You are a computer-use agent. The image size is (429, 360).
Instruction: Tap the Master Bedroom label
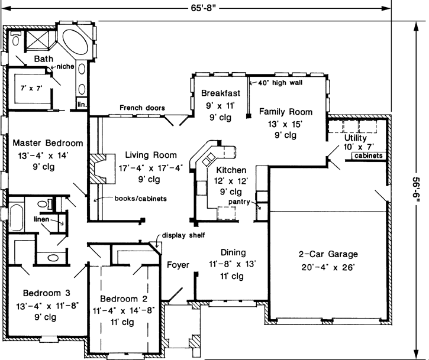[x=48, y=143]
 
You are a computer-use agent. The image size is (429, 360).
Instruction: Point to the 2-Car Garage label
[x=328, y=255]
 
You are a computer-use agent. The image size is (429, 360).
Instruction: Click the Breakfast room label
[x=220, y=93]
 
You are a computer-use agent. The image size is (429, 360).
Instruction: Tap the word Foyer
[x=178, y=264]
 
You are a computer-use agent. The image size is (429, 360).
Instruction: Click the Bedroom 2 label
[x=124, y=299]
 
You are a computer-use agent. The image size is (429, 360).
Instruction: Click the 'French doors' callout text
[x=142, y=108]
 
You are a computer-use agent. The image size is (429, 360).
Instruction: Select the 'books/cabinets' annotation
[x=136, y=198]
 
